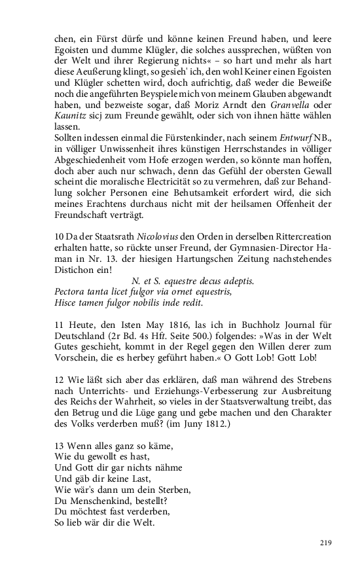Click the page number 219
[326, 542]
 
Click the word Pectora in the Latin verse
[71, 291]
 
